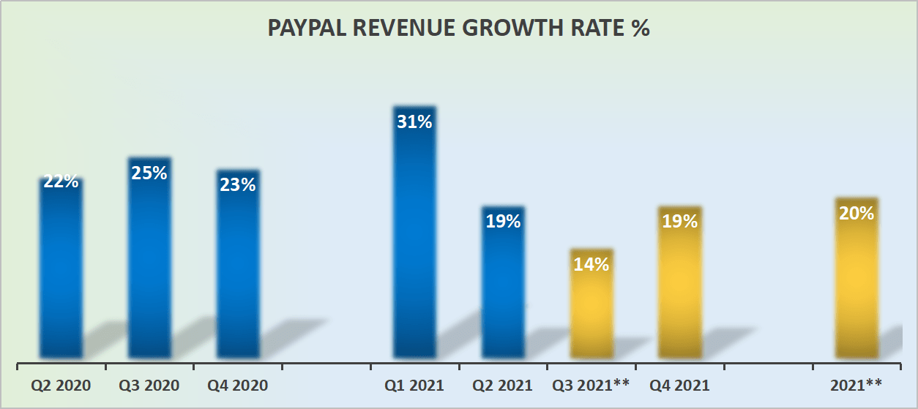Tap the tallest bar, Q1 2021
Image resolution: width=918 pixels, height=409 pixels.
coord(414,241)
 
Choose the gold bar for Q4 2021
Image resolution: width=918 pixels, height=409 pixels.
coord(680,293)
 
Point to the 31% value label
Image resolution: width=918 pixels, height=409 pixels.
coord(414,121)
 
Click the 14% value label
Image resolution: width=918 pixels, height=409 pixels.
coord(592,264)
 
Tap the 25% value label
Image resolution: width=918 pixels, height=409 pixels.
coord(149,173)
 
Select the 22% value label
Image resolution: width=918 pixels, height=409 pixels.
coord(61,181)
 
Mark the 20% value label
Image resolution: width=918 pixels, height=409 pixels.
coord(857,213)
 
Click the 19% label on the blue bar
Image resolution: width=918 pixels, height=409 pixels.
coord(503,221)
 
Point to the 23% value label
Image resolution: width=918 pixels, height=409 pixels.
coord(238,185)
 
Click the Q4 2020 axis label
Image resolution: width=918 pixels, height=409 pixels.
coord(238,385)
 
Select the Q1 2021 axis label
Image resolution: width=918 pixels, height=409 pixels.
coord(414,385)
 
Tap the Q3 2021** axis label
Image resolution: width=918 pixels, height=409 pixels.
coord(592,385)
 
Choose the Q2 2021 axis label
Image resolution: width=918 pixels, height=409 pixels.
coord(503,385)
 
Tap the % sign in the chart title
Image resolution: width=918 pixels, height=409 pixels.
coord(641,29)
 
